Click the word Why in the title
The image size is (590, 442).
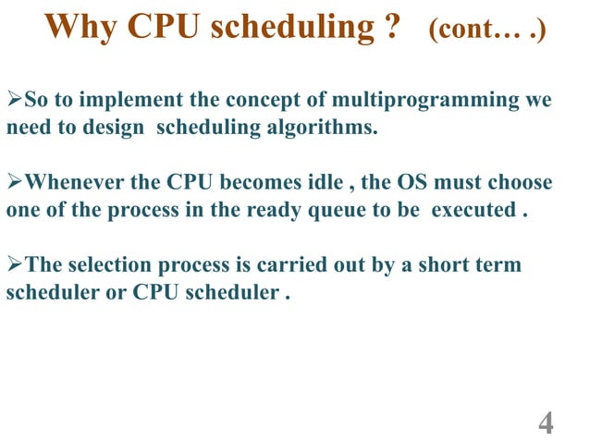point(76,28)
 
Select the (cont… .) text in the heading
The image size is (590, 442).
point(486,30)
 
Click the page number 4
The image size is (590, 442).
point(546,424)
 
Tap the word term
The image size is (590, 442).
point(499,265)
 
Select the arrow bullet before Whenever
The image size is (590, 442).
point(14,182)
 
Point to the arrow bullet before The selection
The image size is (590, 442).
point(14,265)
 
